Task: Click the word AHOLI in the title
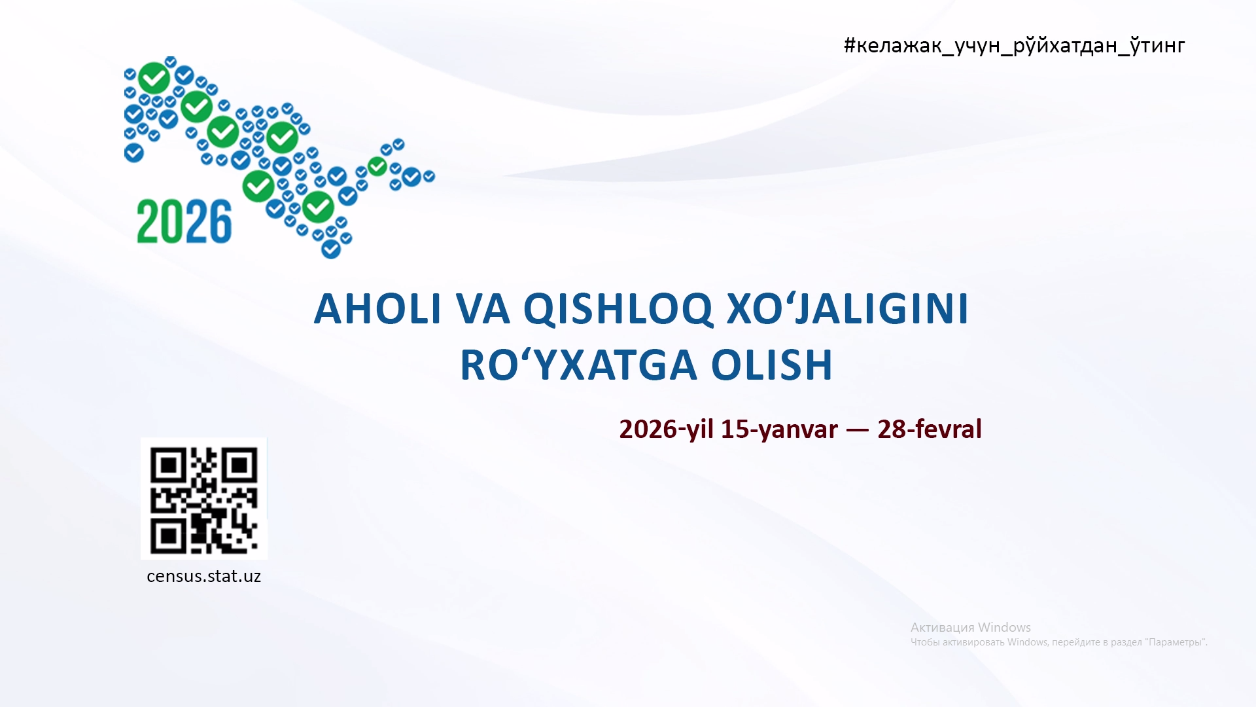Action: point(378,308)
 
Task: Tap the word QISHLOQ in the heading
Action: point(618,310)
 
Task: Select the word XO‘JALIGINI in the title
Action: point(848,308)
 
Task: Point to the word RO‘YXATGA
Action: point(578,365)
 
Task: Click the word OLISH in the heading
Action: point(772,365)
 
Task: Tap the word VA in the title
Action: point(483,308)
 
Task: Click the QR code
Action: point(204,499)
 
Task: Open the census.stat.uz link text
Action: point(204,576)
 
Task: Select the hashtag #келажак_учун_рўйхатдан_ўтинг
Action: point(1015,46)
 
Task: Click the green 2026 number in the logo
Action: point(184,221)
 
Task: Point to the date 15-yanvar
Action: point(779,429)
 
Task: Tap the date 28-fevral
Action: point(930,429)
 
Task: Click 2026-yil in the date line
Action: point(666,429)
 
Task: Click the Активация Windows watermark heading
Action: point(971,627)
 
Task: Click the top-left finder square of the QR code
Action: point(168,465)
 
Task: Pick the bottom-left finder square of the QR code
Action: point(168,537)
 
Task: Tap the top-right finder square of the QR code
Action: point(239,465)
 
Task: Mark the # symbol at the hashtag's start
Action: point(850,45)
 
